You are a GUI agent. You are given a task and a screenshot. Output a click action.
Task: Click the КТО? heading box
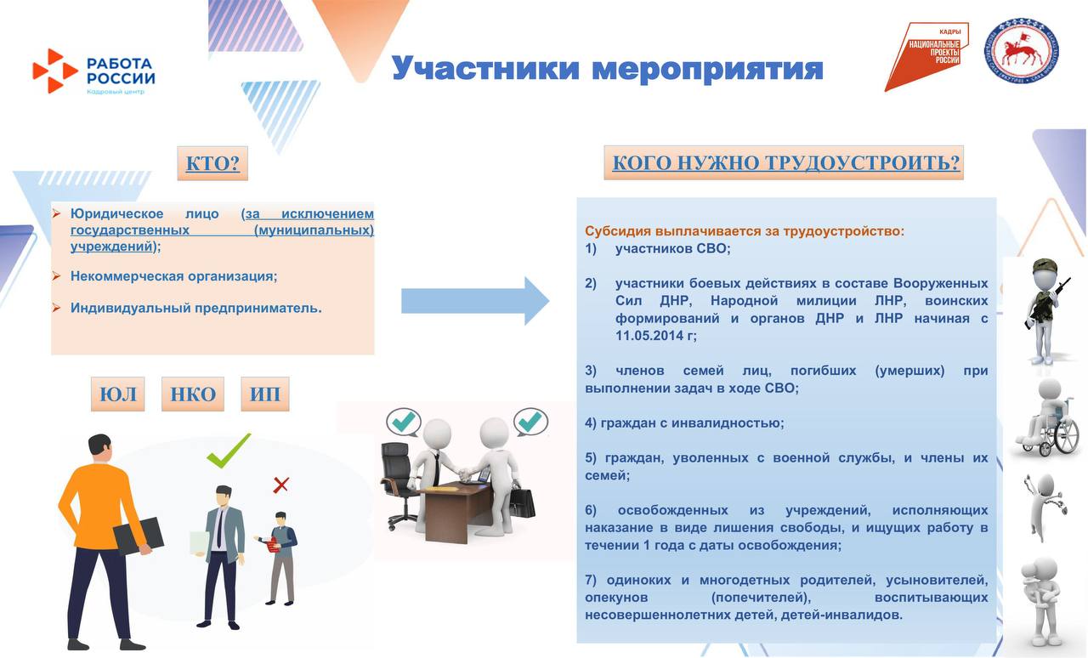pyautogui.click(x=212, y=163)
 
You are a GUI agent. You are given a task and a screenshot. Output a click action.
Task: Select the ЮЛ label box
pyautogui.click(x=118, y=394)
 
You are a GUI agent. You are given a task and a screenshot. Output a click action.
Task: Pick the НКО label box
pyautogui.click(x=193, y=394)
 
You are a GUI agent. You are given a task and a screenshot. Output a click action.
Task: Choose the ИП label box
pyautogui.click(x=265, y=394)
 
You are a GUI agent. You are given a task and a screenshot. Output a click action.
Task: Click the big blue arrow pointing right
pyautogui.click(x=475, y=301)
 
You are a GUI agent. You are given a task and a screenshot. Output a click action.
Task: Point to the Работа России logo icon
pyautogui.click(x=54, y=71)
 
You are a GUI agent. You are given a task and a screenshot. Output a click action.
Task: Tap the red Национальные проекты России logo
pyautogui.click(x=927, y=55)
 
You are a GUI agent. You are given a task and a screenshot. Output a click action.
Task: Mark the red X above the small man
pyautogui.click(x=280, y=485)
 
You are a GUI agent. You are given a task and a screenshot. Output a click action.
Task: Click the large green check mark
pyautogui.click(x=229, y=451)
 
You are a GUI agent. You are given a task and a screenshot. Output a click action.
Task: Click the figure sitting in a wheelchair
pyautogui.click(x=1046, y=421)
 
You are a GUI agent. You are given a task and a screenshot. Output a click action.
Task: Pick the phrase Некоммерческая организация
pyautogui.click(x=174, y=276)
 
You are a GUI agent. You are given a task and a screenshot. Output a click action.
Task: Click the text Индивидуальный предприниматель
pyautogui.click(x=196, y=308)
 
